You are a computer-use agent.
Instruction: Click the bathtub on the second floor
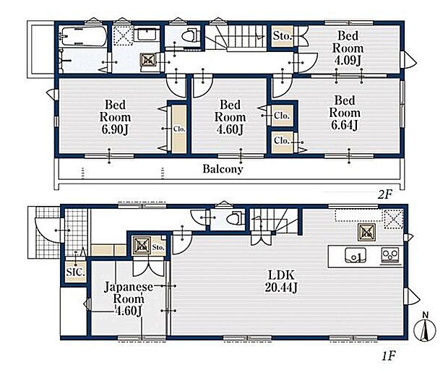pos(84,36)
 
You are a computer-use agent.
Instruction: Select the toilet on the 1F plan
pos(236,219)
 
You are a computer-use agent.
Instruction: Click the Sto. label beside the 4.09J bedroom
pos(282,36)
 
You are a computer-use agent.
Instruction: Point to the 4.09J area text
pos(348,61)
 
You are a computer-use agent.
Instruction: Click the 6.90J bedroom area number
pos(115,129)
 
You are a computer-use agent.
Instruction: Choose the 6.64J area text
pos(345,125)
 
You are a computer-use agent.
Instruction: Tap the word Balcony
pos(223,168)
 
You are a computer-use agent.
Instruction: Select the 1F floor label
pos(388,356)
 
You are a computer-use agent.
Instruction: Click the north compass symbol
pos(425,329)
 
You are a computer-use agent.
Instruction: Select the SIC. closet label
pos(75,272)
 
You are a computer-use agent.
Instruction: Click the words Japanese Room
pos(129,293)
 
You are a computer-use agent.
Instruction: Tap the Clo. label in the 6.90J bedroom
pos(179,129)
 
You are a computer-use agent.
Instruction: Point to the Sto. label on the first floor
pos(158,247)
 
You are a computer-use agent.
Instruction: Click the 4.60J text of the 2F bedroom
pos(230,129)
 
